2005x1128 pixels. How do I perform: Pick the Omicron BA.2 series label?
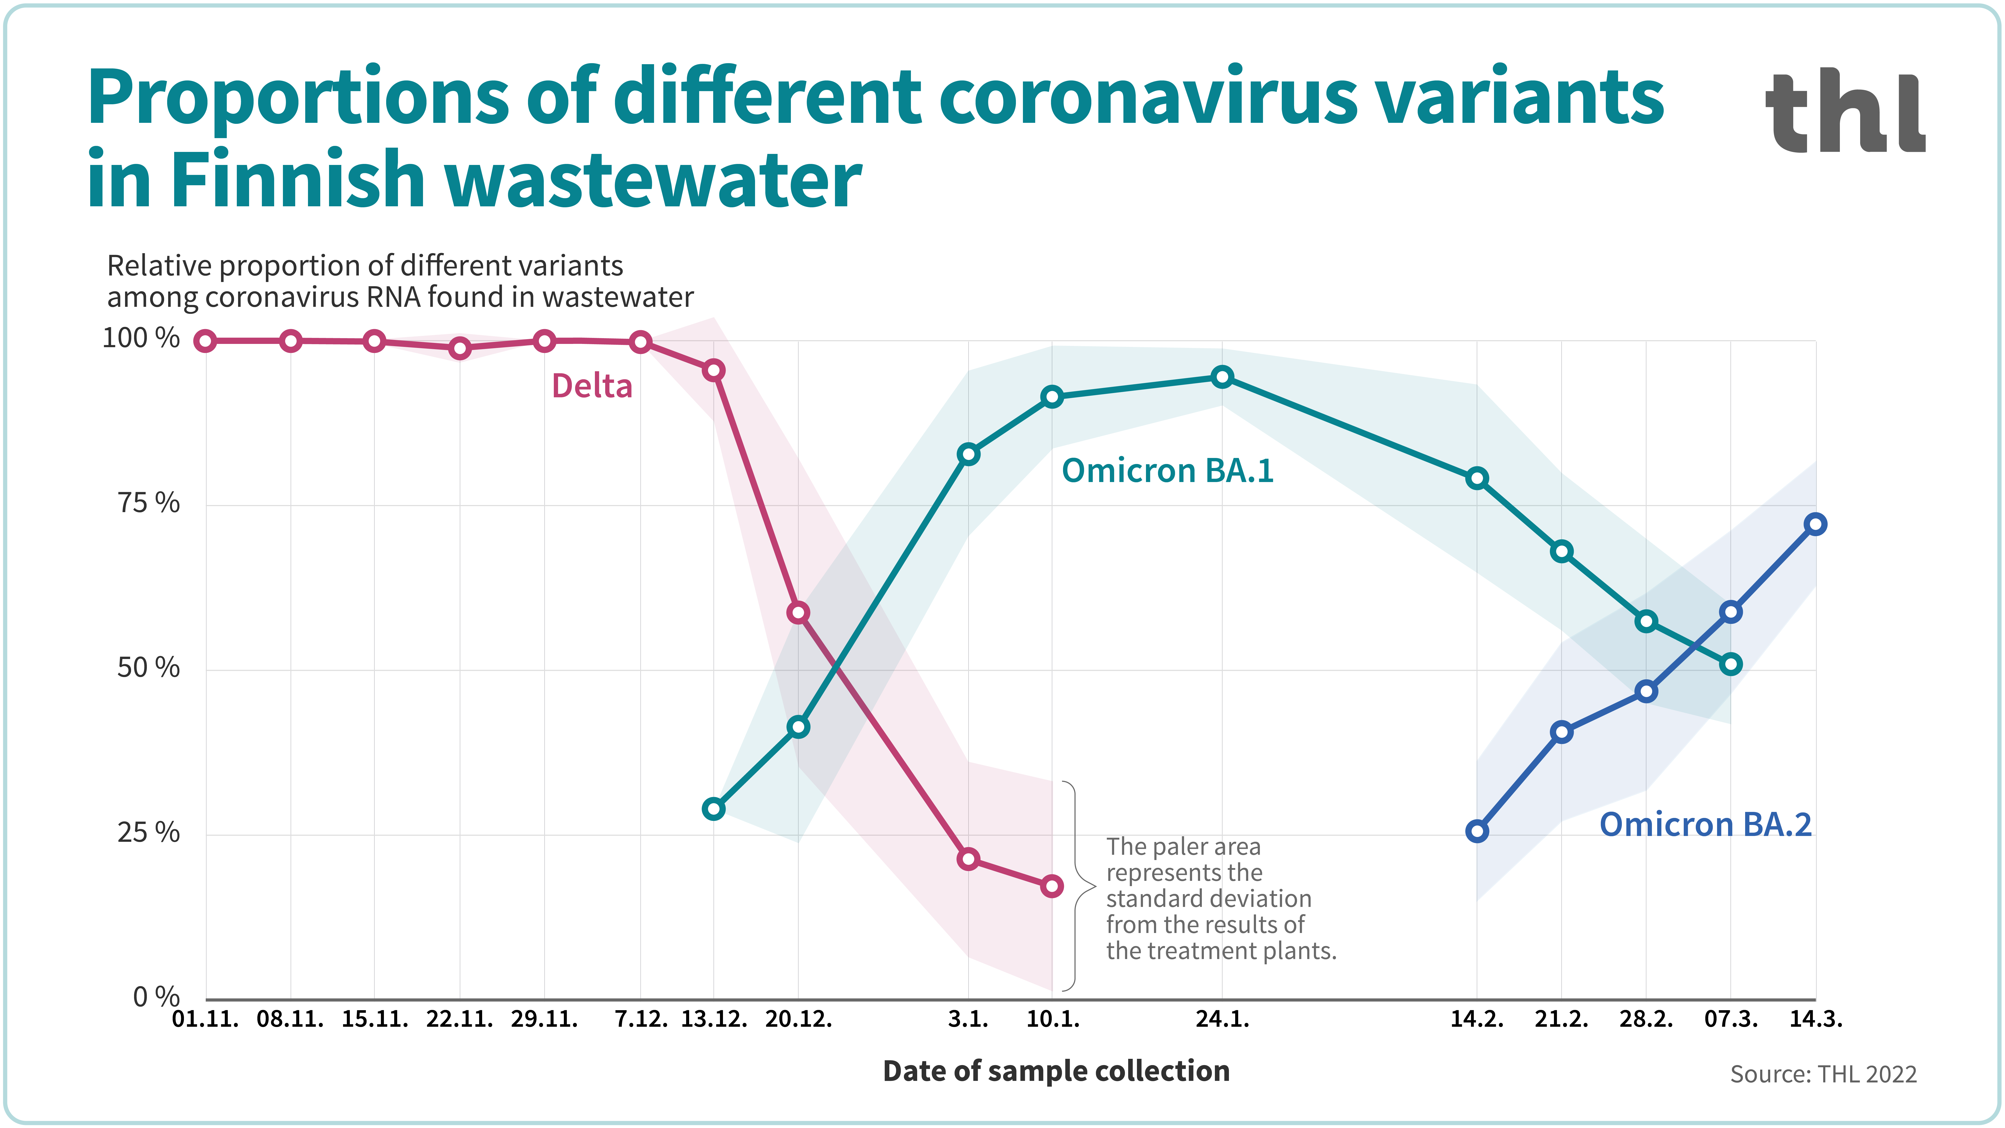tap(1705, 824)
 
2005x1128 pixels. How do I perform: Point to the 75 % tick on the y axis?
tap(148, 504)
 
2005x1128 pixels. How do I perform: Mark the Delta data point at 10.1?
tap(1051, 886)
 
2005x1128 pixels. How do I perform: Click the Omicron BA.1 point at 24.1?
tap(1222, 378)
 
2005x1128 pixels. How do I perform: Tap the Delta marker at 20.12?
tap(798, 613)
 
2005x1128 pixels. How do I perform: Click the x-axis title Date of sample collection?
tap(1056, 1071)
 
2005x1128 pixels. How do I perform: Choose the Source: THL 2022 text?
tap(1823, 1074)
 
